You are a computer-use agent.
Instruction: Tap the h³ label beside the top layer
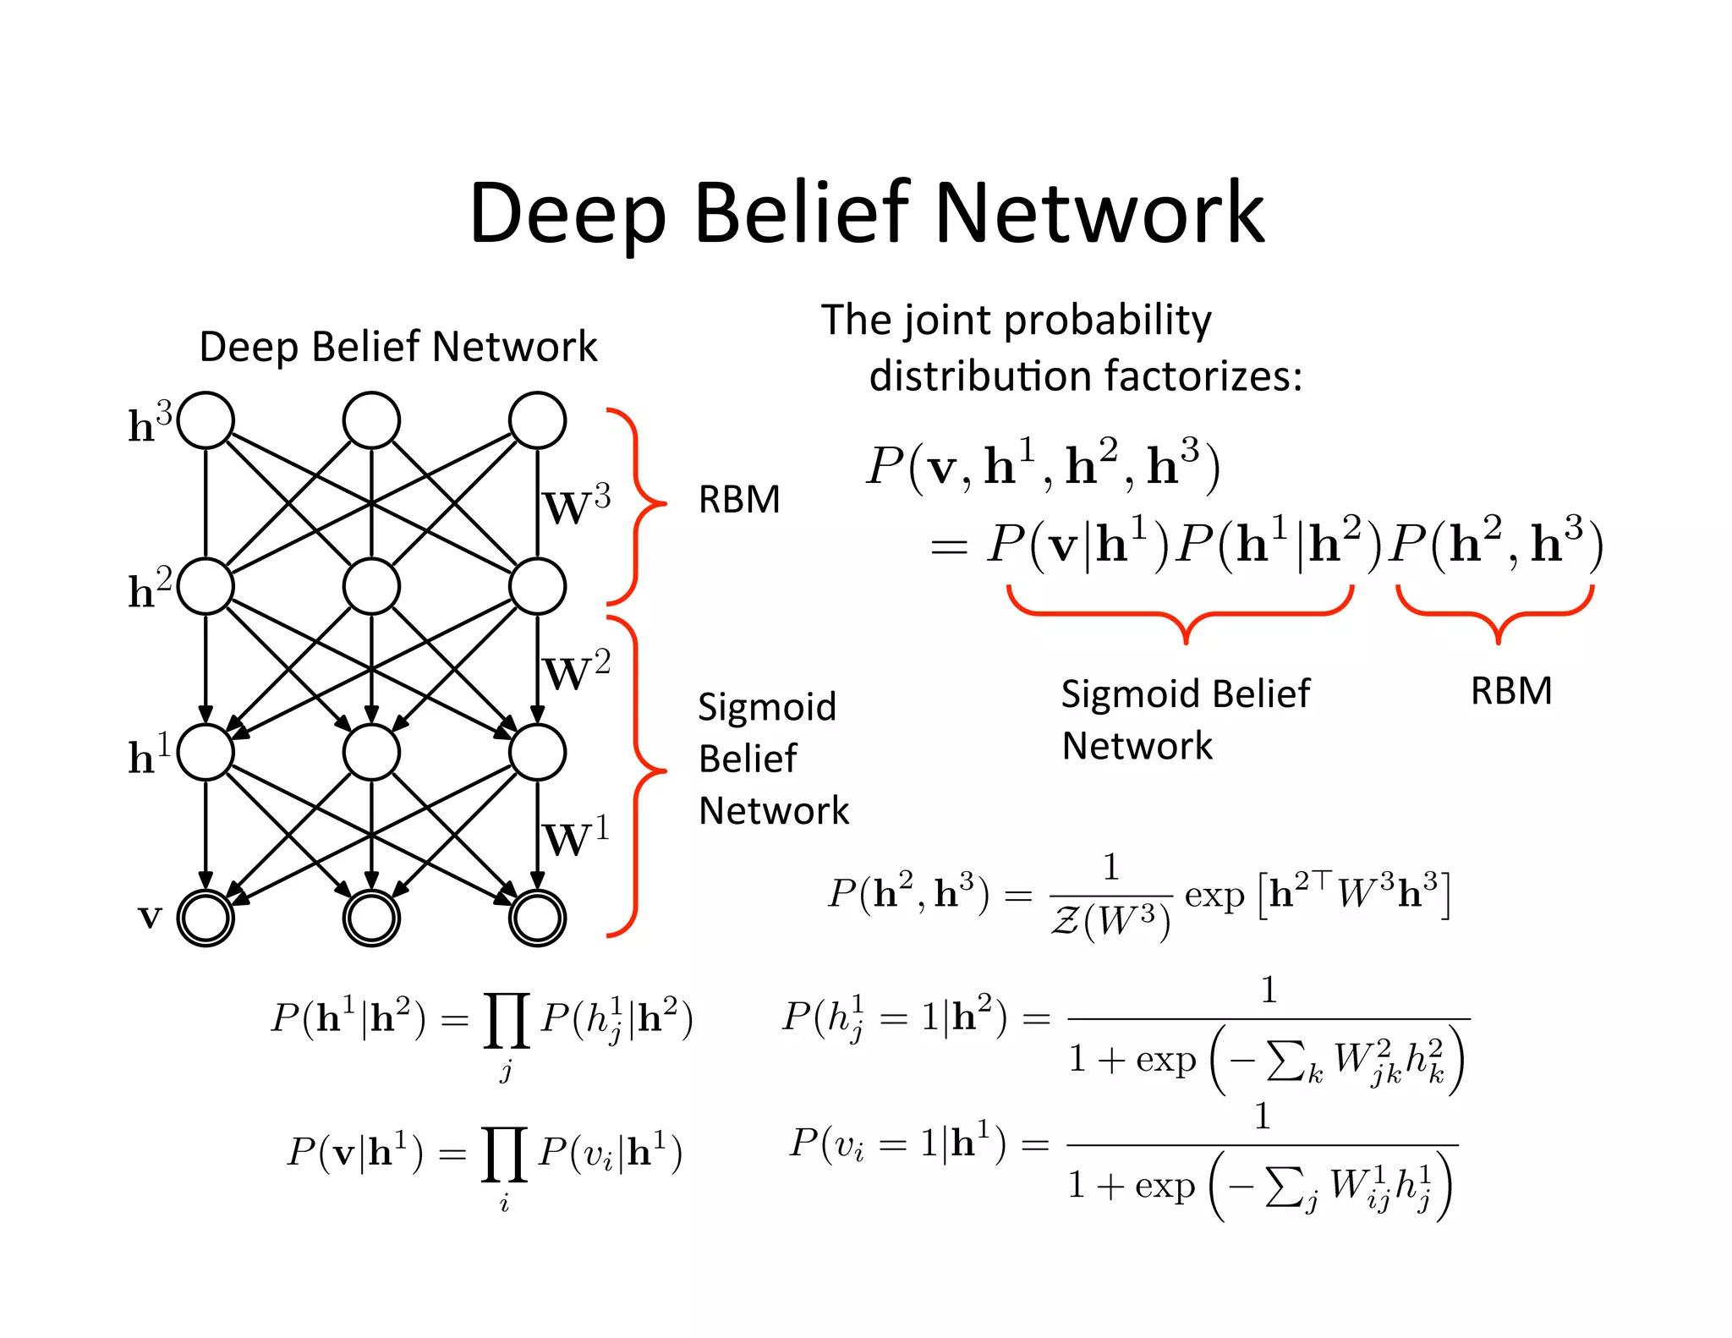tap(150, 422)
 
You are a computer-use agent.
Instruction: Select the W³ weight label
tap(576, 506)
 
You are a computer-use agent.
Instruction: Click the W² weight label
tap(576, 672)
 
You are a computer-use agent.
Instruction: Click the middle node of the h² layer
tap(371, 586)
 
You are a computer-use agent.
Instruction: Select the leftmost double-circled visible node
tap(206, 918)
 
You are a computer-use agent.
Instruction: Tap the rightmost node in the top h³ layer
tap(537, 420)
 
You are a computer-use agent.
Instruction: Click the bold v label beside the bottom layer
tap(150, 916)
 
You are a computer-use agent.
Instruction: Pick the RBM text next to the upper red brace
tap(738, 500)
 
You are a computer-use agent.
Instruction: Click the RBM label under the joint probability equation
tap(1510, 691)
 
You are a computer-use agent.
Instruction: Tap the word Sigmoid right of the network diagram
tap(766, 707)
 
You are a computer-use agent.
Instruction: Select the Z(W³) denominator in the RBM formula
tap(1110, 921)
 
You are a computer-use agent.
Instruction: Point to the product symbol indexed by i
tap(504, 1154)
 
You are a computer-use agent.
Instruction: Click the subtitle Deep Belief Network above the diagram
tap(397, 347)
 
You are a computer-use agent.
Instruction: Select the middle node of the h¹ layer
tap(371, 752)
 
